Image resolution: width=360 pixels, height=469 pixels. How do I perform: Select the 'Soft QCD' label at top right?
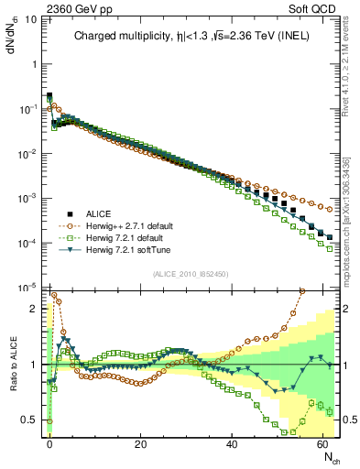[314, 6]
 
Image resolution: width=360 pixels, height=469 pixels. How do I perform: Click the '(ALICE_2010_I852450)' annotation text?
[191, 274]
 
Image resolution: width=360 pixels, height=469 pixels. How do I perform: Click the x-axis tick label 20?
[140, 443]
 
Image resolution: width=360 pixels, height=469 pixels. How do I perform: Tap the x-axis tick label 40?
[232, 443]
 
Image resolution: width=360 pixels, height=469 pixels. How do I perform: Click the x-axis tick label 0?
[49, 443]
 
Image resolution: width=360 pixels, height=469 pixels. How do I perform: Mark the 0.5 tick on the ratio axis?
[30, 420]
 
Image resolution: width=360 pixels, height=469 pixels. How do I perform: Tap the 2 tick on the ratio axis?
[35, 309]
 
